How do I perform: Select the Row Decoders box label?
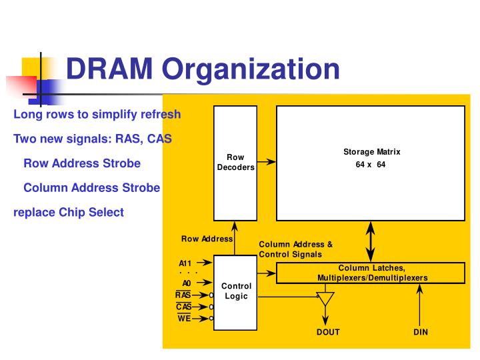pyautogui.click(x=235, y=162)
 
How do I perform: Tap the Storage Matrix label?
pyautogui.click(x=371, y=152)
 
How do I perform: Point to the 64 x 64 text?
pyautogui.click(x=371, y=165)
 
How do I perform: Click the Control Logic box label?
pyautogui.click(x=236, y=291)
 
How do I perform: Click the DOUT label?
pyautogui.click(x=327, y=332)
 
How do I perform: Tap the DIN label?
pyautogui.click(x=420, y=332)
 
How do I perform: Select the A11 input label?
pyautogui.click(x=185, y=263)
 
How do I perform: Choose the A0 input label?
pyautogui.click(x=187, y=283)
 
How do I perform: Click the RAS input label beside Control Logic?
pyautogui.click(x=183, y=295)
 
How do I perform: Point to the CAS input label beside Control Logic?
pyautogui.click(x=184, y=307)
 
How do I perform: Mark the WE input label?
pyautogui.click(x=184, y=319)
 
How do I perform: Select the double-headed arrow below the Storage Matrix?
pyautogui.click(x=371, y=241)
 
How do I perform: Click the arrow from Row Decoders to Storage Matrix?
pyautogui.click(x=267, y=162)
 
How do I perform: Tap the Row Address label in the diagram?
pyautogui.click(x=207, y=239)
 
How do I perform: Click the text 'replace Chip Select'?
pyautogui.click(x=69, y=212)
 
